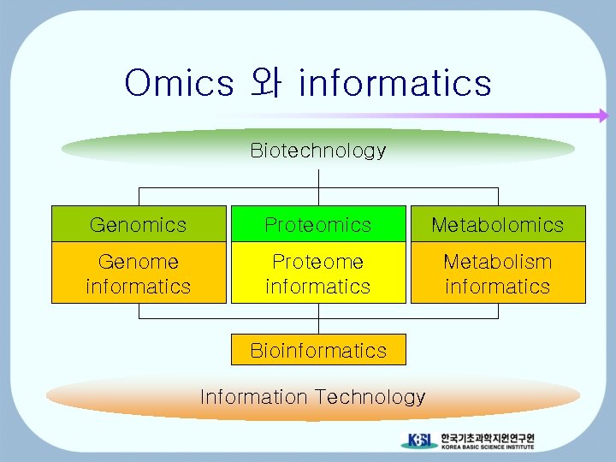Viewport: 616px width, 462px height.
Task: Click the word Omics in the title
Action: pyautogui.click(x=179, y=84)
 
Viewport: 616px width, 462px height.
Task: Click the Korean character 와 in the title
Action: pyautogui.click(x=266, y=84)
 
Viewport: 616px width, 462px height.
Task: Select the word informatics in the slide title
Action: pyautogui.click(x=395, y=84)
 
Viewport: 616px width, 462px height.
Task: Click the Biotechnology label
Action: pyautogui.click(x=318, y=151)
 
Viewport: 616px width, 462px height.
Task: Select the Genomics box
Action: pyautogui.click(x=139, y=224)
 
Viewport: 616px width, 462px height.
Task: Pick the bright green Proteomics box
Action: pyautogui.click(x=318, y=224)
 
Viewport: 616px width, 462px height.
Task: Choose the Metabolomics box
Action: pyautogui.click(x=498, y=224)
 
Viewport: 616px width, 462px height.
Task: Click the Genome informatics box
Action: pyautogui.click(x=139, y=273)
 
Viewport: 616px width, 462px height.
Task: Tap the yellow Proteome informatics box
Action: pyautogui.click(x=318, y=273)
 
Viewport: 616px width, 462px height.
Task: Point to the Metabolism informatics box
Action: pyautogui.click(x=498, y=273)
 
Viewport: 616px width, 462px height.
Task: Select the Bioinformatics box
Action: pyautogui.click(x=318, y=350)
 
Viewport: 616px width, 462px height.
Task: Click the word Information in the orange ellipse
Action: pyautogui.click(x=253, y=397)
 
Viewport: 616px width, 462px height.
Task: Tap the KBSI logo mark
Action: pyautogui.click(x=419, y=441)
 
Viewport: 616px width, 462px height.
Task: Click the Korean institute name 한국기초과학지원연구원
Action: pyautogui.click(x=487, y=437)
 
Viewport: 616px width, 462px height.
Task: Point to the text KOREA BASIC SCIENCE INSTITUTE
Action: pyautogui.click(x=487, y=447)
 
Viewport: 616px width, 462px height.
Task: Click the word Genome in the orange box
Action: pyautogui.click(x=139, y=262)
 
